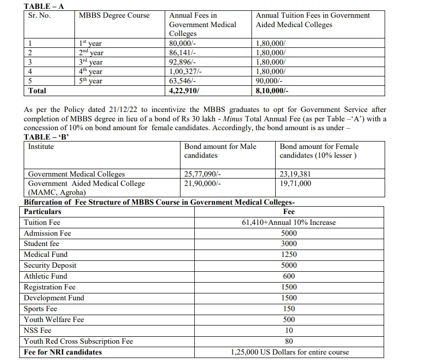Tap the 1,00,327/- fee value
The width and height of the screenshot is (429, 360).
185,72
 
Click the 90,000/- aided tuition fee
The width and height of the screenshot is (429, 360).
269,81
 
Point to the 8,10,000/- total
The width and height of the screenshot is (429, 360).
272,91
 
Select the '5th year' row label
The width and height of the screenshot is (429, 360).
91,81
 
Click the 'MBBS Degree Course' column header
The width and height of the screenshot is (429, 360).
114,15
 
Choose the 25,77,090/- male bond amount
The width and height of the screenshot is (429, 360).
203,174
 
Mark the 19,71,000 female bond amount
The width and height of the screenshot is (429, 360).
295,183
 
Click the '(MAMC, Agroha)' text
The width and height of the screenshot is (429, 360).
57,192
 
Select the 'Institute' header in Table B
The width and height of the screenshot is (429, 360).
41,146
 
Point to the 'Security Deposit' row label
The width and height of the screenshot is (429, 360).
50,265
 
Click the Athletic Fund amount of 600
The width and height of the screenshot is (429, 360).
289,276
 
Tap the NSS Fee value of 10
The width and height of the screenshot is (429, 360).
289,330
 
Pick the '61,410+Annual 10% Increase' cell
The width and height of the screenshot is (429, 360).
288,222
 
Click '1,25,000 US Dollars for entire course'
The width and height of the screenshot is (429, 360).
289,352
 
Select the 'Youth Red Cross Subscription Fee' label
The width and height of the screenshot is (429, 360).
78,341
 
